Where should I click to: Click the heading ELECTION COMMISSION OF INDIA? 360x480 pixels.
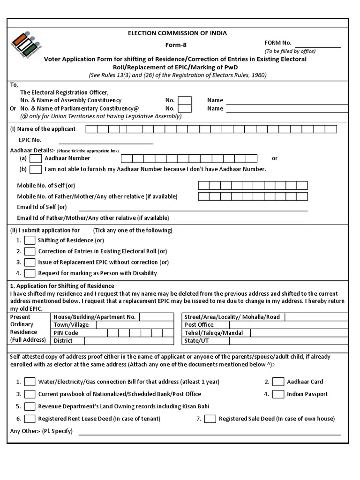178,33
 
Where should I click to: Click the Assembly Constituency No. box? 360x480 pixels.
185,100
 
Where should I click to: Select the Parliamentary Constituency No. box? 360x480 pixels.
185,109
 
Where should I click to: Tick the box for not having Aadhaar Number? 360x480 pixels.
36,169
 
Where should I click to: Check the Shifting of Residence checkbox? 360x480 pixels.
30,240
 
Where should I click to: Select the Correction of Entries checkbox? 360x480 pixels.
30,251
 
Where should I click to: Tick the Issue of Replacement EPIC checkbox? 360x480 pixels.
30,262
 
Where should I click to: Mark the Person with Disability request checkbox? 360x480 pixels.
30,273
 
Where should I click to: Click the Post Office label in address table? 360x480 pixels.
199,325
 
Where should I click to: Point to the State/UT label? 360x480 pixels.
196,341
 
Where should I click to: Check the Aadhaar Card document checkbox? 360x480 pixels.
278,382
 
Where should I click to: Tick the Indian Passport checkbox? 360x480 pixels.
278,394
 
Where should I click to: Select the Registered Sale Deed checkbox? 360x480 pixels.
210,419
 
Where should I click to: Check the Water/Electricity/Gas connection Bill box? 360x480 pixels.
30,382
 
